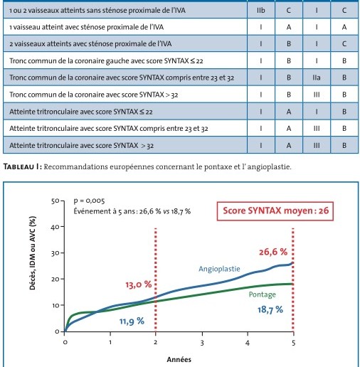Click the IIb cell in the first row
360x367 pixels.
coord(260,11)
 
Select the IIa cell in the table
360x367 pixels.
coord(317,78)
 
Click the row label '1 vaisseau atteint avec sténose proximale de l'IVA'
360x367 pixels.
coord(86,27)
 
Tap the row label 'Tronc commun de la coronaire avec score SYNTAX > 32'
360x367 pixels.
coord(94,95)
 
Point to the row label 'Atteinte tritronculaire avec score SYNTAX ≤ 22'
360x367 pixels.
coord(81,112)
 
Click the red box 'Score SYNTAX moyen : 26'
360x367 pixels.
coord(275,211)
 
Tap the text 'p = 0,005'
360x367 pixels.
coord(89,201)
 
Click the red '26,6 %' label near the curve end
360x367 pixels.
coord(273,252)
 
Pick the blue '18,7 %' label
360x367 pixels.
coord(270,309)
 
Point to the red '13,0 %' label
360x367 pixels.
coord(139,284)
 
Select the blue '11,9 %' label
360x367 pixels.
coord(132,321)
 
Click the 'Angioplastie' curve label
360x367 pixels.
coord(219,269)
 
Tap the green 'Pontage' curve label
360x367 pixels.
coord(263,294)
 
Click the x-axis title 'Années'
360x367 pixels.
coord(179,359)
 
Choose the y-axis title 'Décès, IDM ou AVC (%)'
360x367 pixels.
coord(32,253)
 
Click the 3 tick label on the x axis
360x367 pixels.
coord(202,343)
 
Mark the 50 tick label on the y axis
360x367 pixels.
coord(55,201)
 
